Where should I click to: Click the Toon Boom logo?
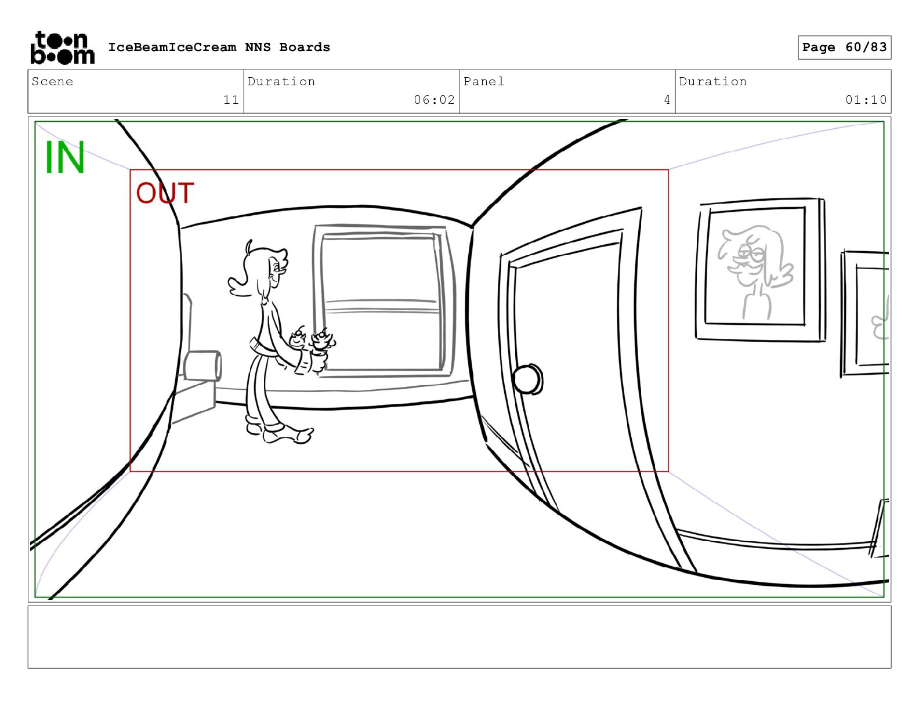(x=62, y=48)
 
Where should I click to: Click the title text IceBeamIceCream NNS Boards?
(x=219, y=48)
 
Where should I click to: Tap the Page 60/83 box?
(x=844, y=48)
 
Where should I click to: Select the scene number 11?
(x=231, y=100)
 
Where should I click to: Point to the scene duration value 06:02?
(x=434, y=100)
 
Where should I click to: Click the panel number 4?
(x=667, y=100)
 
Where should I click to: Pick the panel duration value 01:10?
(x=866, y=100)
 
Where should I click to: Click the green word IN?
(x=65, y=158)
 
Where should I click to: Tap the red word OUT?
(x=165, y=194)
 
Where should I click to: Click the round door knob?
(x=527, y=379)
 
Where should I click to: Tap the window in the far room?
(x=382, y=302)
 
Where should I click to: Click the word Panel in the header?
(x=484, y=82)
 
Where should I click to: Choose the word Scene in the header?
(x=52, y=82)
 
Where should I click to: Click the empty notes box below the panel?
(x=459, y=636)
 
